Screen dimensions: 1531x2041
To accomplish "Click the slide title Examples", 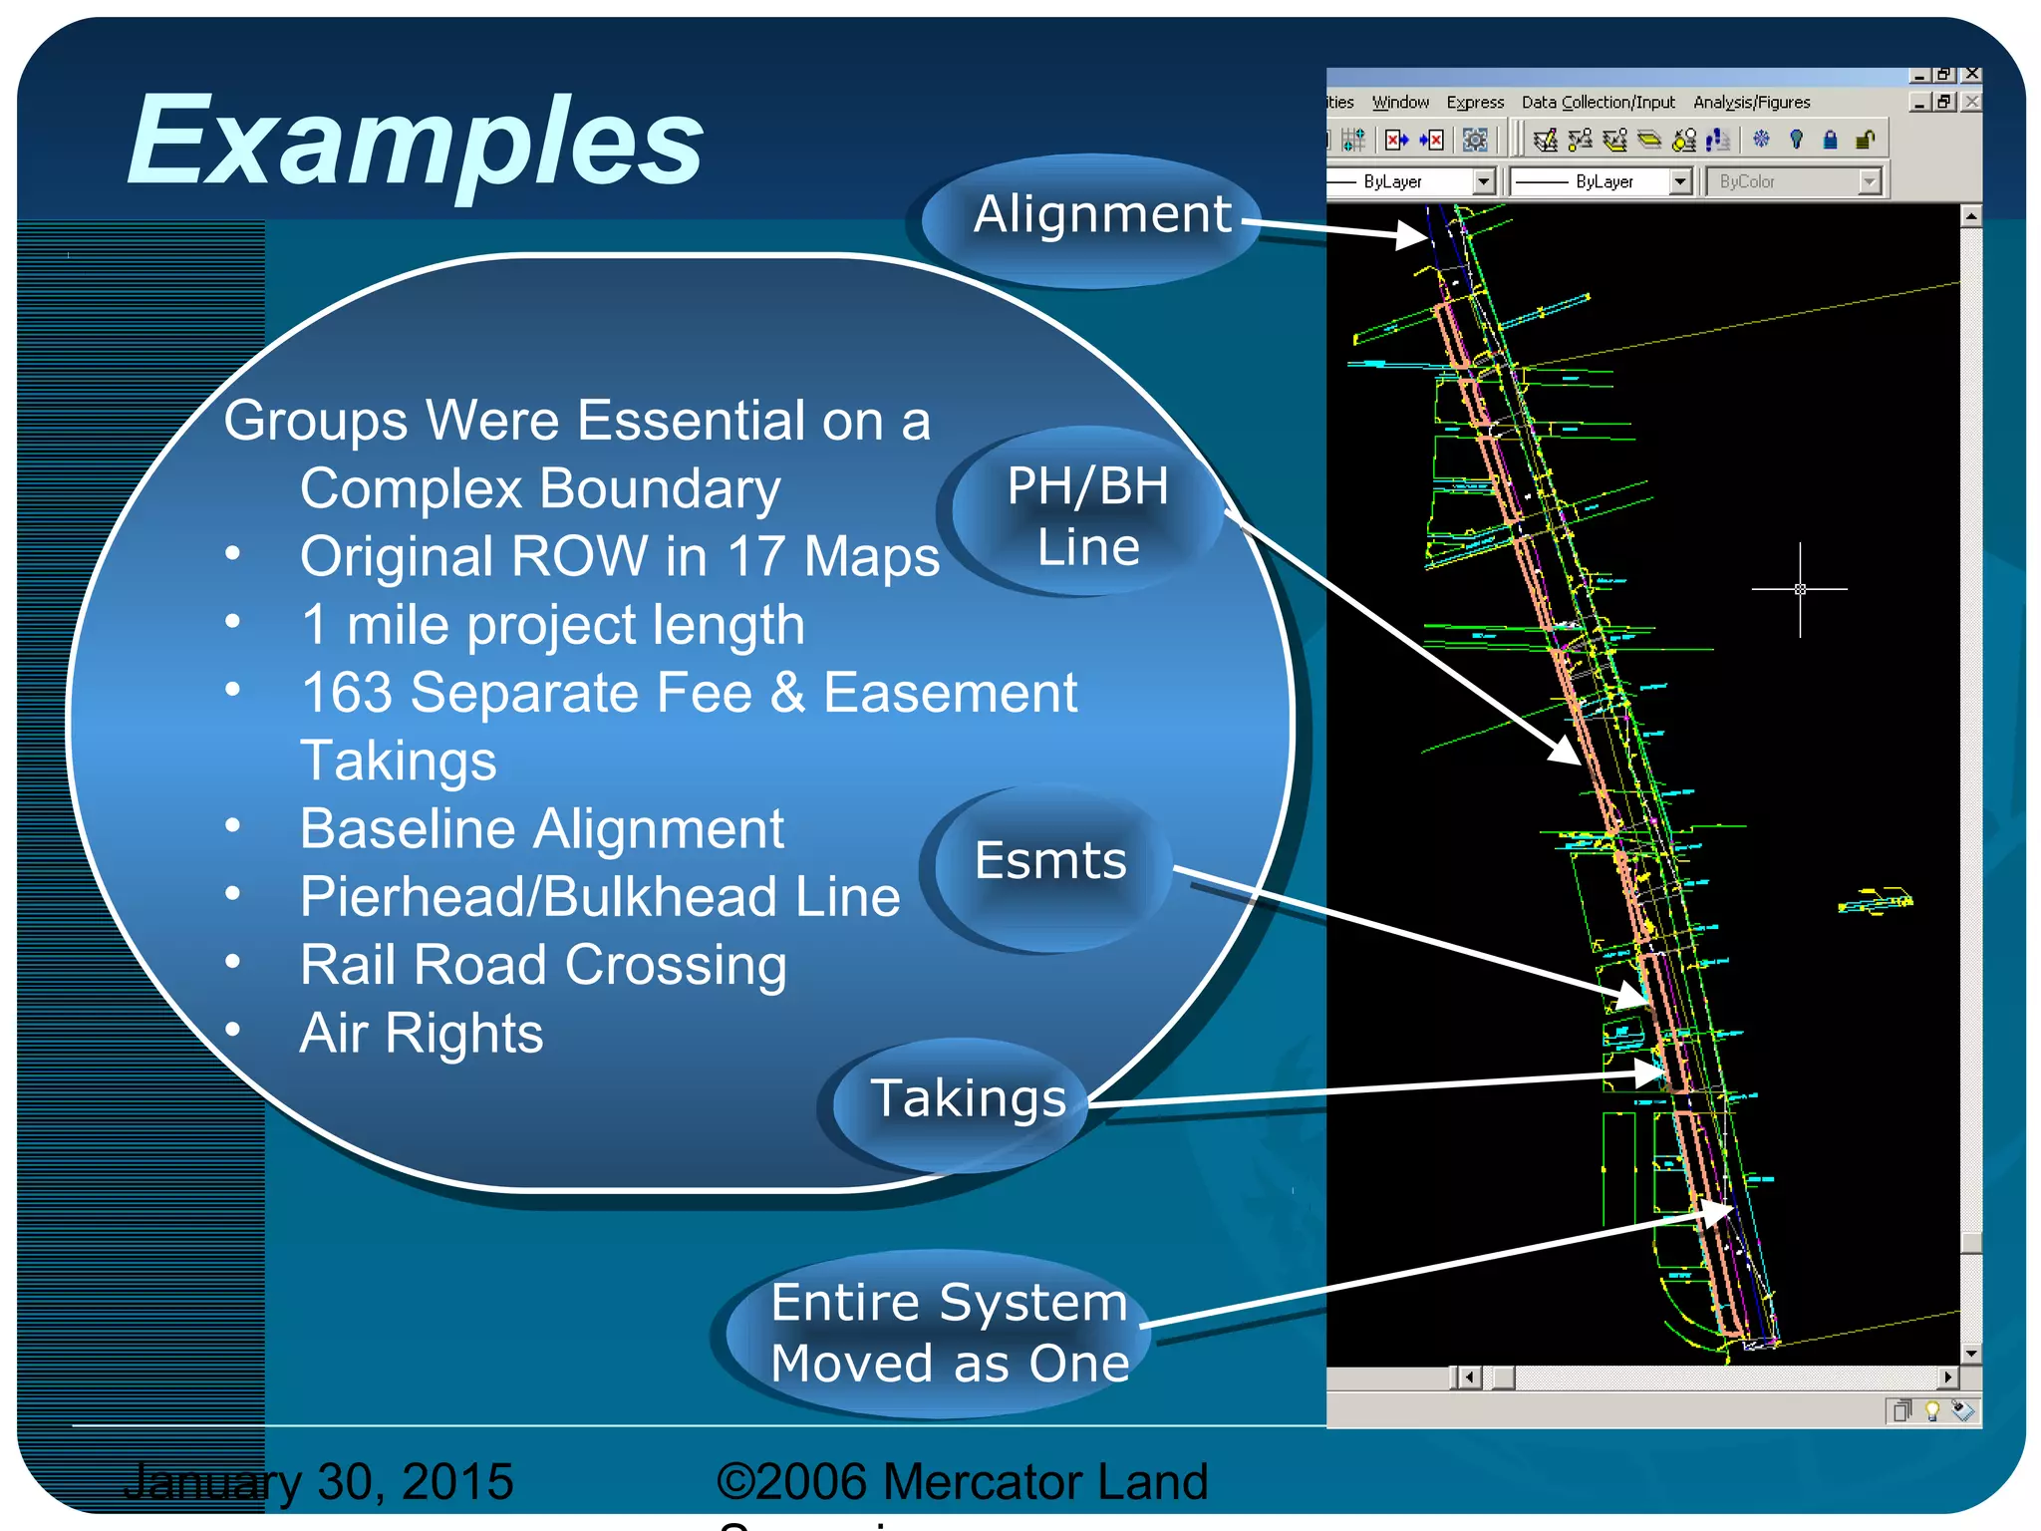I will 415,142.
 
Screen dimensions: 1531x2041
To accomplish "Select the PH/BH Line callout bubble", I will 1087,516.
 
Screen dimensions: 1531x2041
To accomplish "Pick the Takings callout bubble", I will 968,1099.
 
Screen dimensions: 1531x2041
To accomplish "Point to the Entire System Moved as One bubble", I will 949,1333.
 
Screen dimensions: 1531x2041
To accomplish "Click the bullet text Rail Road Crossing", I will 543,965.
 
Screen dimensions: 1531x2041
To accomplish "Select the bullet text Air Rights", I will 422,1034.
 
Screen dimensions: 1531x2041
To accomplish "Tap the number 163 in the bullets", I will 347,693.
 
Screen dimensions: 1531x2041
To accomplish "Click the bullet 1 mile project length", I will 552,626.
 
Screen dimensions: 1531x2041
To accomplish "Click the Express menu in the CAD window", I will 1475,103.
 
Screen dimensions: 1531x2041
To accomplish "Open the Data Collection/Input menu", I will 1598,103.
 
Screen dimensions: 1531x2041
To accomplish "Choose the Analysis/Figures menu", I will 1751,103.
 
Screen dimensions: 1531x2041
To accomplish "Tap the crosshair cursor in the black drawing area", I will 1800,589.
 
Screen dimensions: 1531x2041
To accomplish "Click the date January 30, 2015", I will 319,1481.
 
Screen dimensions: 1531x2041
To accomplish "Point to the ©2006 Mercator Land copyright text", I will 962,1481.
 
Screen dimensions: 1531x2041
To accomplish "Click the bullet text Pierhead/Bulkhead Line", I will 600,897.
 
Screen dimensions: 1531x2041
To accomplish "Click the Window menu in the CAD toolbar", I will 1400,103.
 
